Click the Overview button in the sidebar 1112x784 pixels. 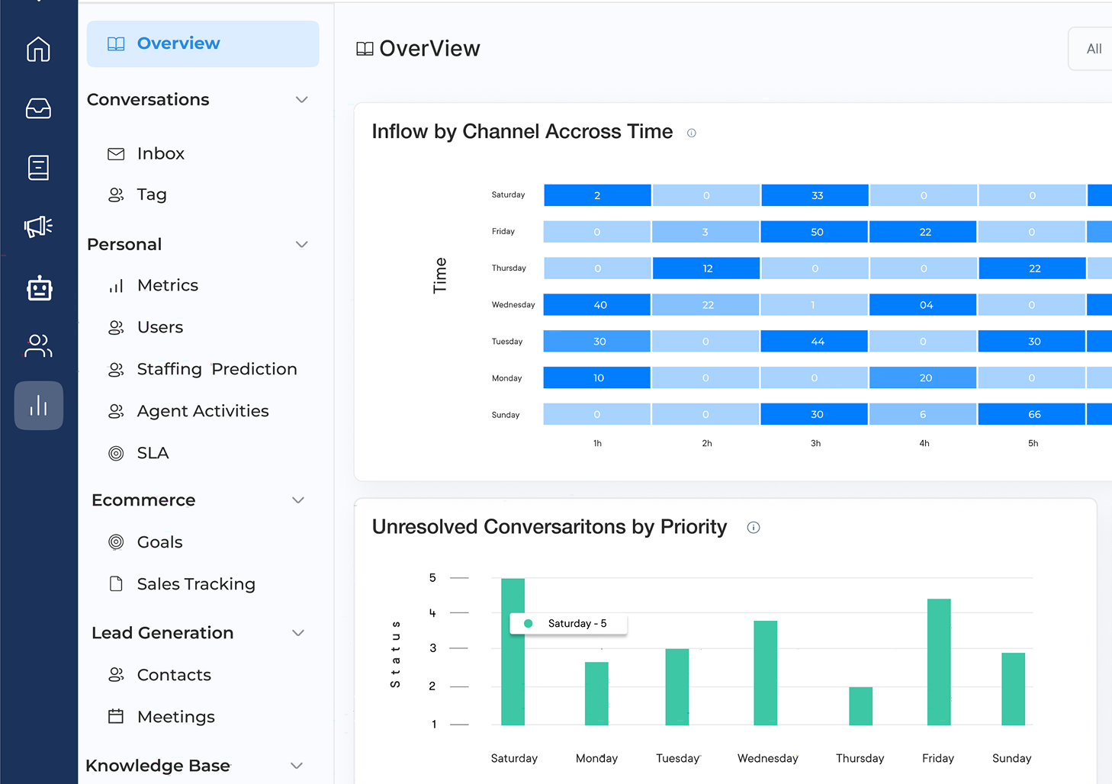click(x=202, y=43)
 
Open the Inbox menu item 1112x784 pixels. click(x=160, y=153)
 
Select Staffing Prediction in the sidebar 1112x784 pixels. click(x=216, y=369)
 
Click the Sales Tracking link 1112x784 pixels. click(x=195, y=584)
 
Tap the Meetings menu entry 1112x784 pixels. click(x=175, y=717)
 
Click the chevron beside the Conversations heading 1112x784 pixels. click(x=302, y=100)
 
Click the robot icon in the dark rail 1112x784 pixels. click(x=39, y=289)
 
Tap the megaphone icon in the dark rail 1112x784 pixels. click(x=39, y=226)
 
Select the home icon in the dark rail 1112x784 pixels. click(x=39, y=50)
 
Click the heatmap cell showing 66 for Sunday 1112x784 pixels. click(x=1033, y=414)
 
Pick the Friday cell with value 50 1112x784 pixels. click(x=815, y=232)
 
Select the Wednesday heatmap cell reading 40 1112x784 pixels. click(x=598, y=305)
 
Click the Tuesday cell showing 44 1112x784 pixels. click(x=815, y=342)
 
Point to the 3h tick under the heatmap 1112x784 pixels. click(x=815, y=443)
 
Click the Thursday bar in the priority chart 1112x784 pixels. click(x=860, y=706)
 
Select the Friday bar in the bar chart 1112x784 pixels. click(x=939, y=662)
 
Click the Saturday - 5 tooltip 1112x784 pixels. click(x=569, y=624)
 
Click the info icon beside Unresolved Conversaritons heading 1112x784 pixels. click(x=754, y=528)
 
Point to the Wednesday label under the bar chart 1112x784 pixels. click(x=767, y=758)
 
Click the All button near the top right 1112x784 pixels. click(x=1093, y=49)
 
